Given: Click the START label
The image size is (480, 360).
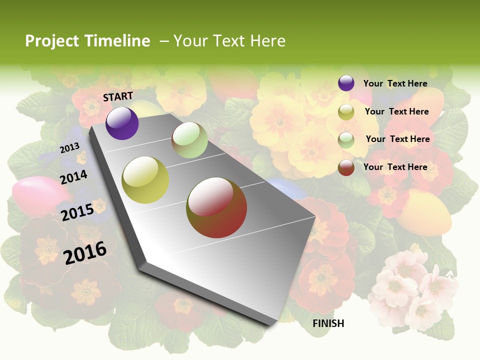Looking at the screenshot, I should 118,96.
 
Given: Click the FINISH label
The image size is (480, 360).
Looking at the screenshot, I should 328,323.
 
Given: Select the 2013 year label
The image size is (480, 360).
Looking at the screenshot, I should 69,148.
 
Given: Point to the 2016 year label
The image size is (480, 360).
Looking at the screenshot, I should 85,253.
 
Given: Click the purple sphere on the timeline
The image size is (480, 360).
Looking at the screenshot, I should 122,123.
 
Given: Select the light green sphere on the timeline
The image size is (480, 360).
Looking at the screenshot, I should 189,140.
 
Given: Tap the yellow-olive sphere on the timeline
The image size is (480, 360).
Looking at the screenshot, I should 145,180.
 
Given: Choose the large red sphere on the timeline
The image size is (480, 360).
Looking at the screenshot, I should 216,207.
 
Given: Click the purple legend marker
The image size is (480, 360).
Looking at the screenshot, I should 346,83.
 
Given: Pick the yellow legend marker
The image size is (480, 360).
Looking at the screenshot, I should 346,112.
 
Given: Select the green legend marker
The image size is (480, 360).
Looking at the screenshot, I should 346,139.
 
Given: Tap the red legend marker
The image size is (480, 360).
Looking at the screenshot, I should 346,167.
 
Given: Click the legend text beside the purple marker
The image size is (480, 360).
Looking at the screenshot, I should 395,83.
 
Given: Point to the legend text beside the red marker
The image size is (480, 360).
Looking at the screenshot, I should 395,167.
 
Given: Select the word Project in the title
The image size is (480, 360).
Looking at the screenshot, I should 52,41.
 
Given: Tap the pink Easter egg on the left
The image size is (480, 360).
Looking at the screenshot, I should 31,196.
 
